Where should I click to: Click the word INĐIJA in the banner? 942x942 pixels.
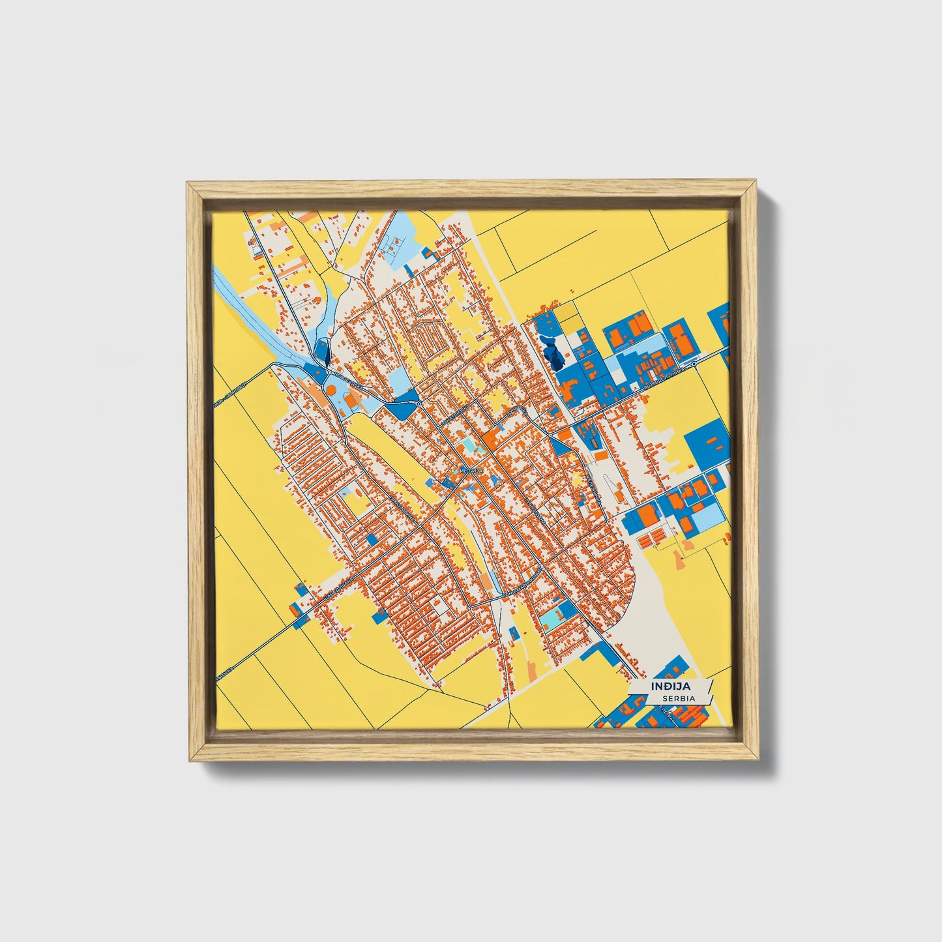pyautogui.click(x=670, y=686)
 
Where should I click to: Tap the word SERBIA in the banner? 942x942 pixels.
pyautogui.click(x=677, y=698)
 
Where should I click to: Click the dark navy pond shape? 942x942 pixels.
pyautogui.click(x=555, y=355)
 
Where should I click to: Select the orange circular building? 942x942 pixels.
pyautogui.click(x=331, y=389)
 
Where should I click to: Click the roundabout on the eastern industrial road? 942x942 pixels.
pyautogui.click(x=694, y=364)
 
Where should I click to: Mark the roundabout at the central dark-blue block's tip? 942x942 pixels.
pyautogui.click(x=418, y=405)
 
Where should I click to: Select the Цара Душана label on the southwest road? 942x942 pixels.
pyautogui.click(x=339, y=589)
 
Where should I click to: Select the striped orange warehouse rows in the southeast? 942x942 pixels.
pyautogui.click(x=653, y=538)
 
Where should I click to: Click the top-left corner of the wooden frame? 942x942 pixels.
pyautogui.click(x=187, y=183)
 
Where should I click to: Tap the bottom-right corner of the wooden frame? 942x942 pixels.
pyautogui.click(x=758, y=759)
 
